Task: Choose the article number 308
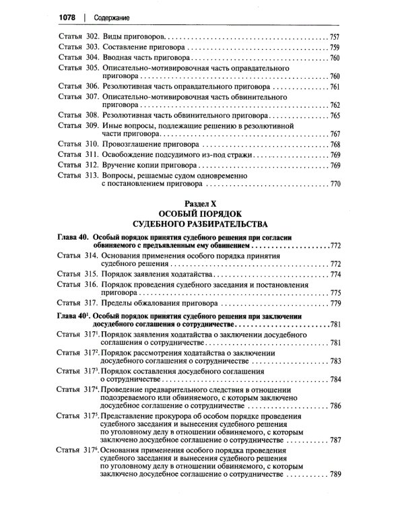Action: pyautogui.click(x=92, y=116)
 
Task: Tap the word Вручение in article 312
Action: pyautogui.click(x=121, y=165)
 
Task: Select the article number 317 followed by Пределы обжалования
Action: pyautogui.click(x=92, y=304)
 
